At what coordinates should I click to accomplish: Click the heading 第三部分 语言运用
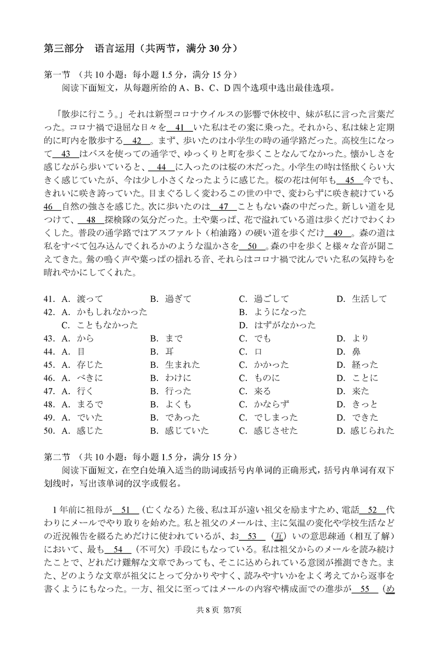(x=140, y=49)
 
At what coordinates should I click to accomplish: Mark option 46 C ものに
(x=267, y=378)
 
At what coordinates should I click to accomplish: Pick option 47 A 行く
(x=86, y=391)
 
